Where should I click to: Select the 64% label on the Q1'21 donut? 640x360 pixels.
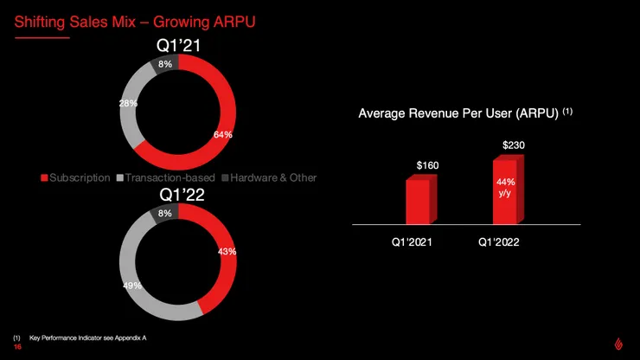coord(222,134)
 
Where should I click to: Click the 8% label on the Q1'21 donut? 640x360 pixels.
coord(165,64)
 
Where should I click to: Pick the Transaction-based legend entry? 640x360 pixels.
coord(158,177)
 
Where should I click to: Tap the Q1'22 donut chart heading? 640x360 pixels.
coord(178,195)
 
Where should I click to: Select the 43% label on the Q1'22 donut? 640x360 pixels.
coord(227,251)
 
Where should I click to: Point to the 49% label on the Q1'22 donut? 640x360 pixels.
coord(131,285)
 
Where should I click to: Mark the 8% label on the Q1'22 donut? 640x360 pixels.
coord(165,213)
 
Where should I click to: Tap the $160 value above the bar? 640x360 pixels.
coord(427,164)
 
